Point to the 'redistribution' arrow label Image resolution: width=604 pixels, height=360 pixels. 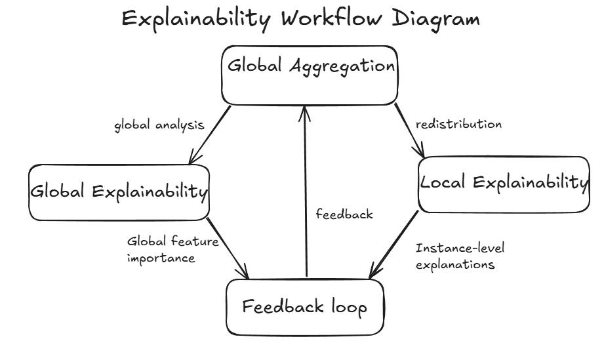[459, 124]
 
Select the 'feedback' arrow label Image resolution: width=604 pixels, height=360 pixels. [344, 214]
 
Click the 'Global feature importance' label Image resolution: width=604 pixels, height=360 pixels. [172, 249]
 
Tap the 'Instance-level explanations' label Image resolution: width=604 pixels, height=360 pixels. [460, 256]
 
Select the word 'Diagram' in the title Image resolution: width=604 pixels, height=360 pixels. [436, 18]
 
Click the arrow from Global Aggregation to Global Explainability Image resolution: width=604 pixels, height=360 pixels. [210, 134]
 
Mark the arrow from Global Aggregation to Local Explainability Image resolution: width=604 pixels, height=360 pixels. [409, 131]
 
